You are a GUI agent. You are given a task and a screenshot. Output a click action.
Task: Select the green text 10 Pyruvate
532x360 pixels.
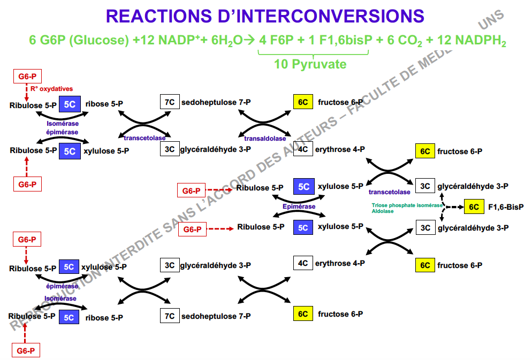pos(310,65)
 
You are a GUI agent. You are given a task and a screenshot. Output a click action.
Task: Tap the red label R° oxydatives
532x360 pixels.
pos(51,89)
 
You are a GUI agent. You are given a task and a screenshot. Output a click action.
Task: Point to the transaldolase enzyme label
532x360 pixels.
pos(265,138)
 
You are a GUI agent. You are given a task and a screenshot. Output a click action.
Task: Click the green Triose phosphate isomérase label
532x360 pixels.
pos(407,205)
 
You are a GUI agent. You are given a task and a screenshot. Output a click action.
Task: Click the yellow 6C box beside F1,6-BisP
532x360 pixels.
pos(473,207)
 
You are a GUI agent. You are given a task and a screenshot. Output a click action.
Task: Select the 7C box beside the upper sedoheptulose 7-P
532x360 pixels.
pos(170,102)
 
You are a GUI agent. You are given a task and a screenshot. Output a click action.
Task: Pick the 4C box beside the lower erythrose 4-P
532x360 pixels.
pos(303,263)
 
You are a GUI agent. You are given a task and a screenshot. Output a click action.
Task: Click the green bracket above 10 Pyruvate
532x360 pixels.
pos(314,54)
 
